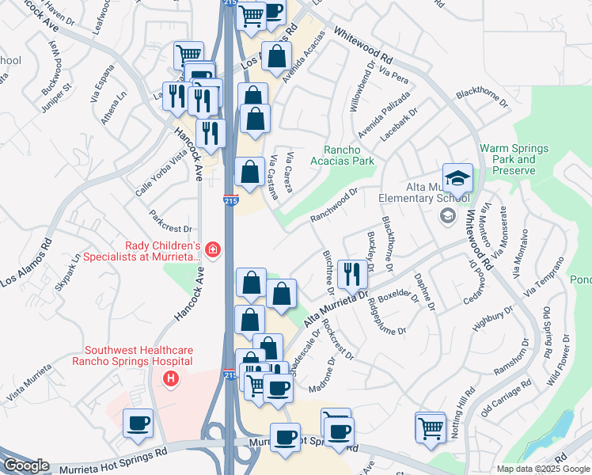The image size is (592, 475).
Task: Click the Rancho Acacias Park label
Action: (x=353, y=155)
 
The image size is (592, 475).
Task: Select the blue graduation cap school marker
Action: (x=457, y=178)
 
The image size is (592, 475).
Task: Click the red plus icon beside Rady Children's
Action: (x=211, y=250)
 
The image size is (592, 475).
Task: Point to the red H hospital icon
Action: (x=169, y=380)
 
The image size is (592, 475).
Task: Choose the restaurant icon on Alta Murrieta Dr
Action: (x=351, y=274)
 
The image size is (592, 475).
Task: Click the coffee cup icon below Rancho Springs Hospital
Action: (x=138, y=424)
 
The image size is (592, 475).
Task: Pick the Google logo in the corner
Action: (x=27, y=465)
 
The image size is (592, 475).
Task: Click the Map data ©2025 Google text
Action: (x=543, y=469)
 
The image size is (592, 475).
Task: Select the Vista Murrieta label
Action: (x=28, y=380)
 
